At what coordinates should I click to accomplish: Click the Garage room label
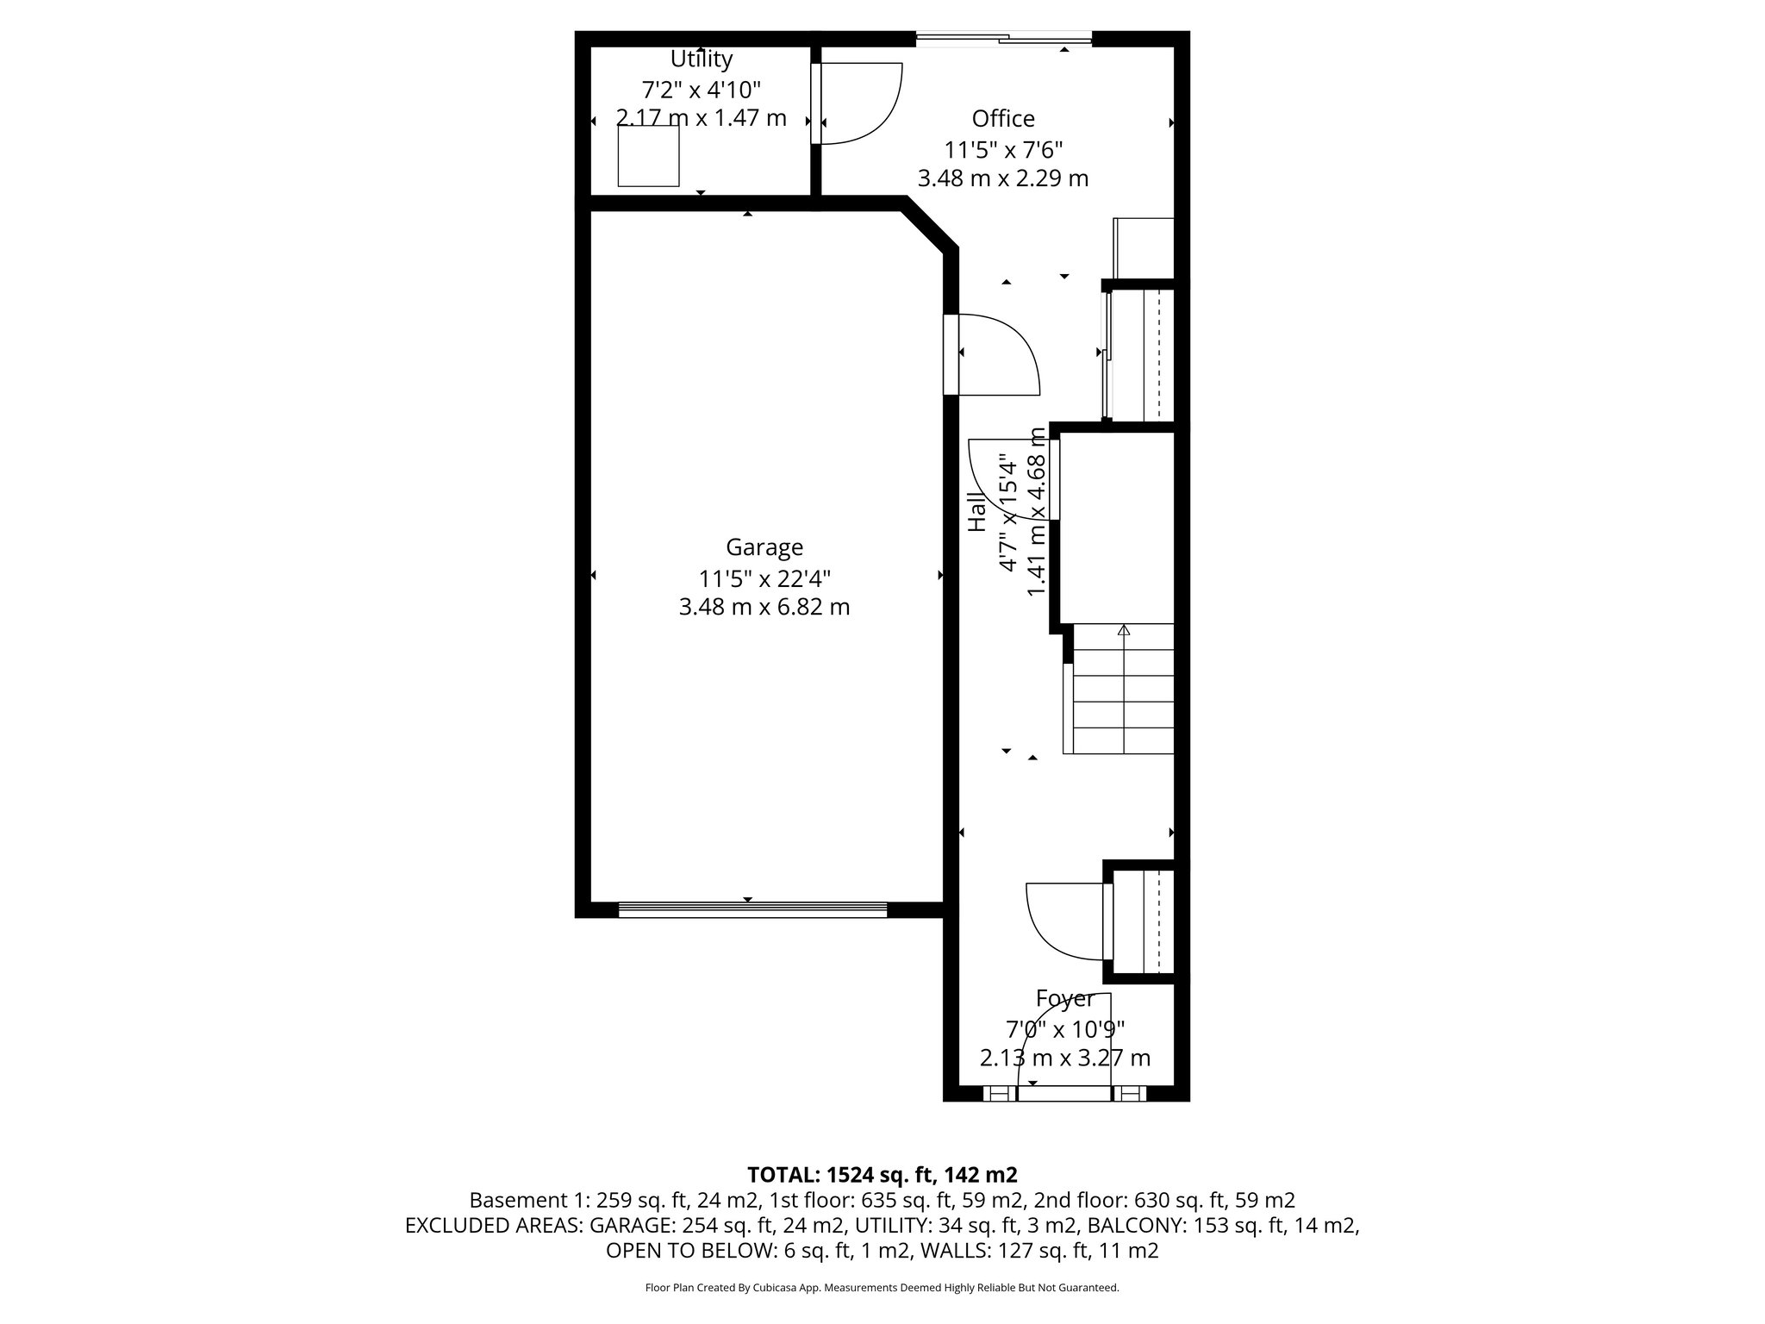764,547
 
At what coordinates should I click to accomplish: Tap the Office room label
1003,118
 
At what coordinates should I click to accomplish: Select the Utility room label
702,59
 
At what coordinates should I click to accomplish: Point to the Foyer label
1065,998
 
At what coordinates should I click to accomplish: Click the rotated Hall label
976,511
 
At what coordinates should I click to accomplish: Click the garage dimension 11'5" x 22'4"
764,578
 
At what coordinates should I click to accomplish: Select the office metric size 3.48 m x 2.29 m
1003,178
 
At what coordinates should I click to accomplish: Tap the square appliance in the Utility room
648,156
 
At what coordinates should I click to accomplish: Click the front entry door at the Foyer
1065,1093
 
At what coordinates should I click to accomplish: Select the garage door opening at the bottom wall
752,909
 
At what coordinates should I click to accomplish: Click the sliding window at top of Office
1004,38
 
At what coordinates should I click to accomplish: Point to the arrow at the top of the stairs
1123,631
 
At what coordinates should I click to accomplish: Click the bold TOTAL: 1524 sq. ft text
882,1175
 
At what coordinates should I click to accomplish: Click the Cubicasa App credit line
882,1288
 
